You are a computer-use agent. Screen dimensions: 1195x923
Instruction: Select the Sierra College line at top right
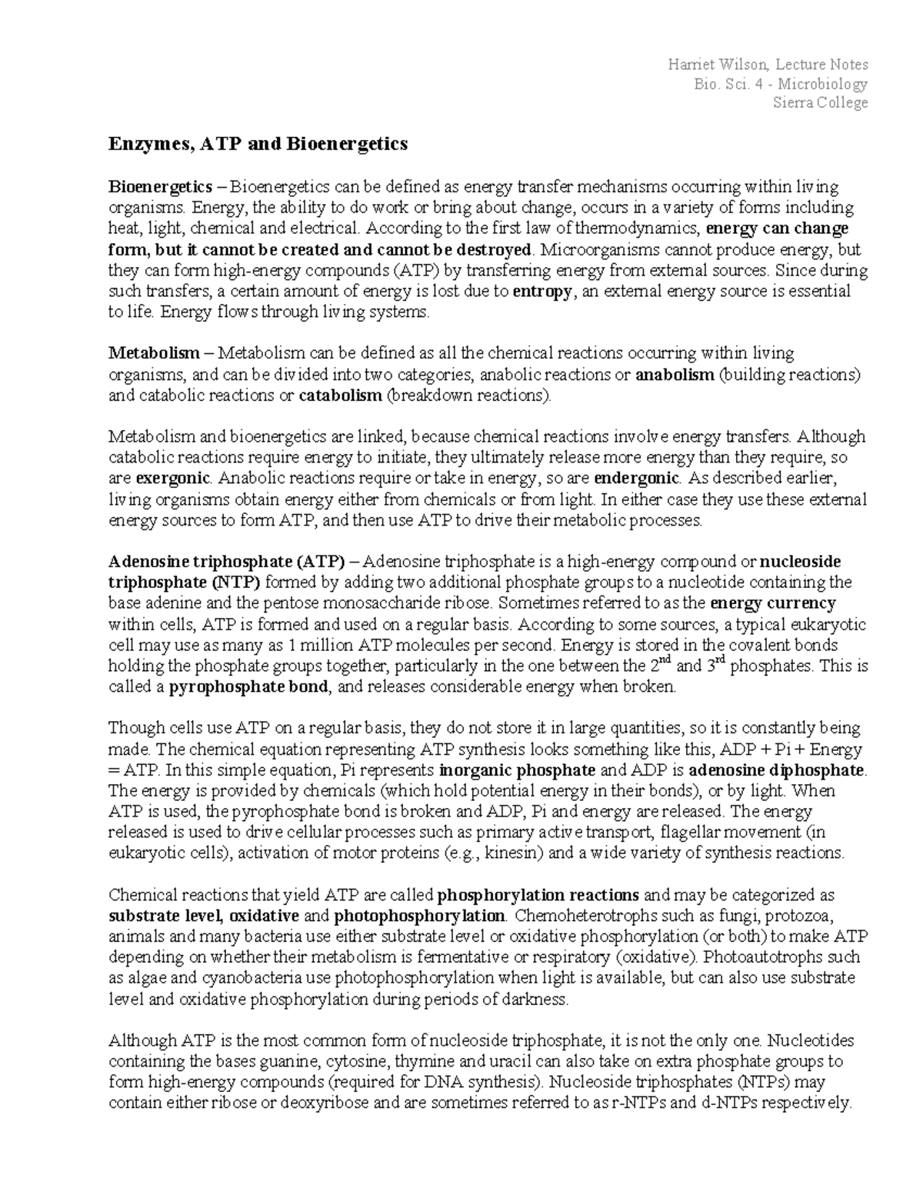(820, 103)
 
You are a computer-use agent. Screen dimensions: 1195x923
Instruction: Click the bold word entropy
(541, 292)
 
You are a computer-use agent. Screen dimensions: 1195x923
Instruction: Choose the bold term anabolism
(675, 376)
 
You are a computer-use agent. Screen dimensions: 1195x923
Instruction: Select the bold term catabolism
(339, 396)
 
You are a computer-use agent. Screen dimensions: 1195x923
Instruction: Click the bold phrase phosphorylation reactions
(538, 896)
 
